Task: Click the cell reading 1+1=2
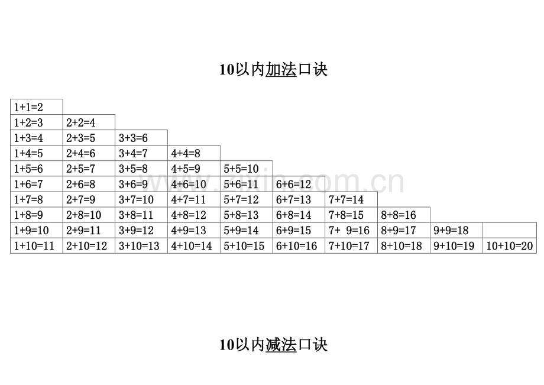pos(37,107)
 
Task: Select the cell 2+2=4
pos(89,122)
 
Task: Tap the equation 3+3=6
pos(141,138)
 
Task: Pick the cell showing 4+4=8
pos(194,153)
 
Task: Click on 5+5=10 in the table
pos(247,169)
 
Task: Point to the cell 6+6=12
pos(299,184)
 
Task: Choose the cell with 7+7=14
pos(351,199)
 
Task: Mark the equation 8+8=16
pos(404,215)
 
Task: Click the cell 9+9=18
pos(456,230)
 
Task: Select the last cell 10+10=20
pos(510,245)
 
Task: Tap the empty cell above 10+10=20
pos(510,230)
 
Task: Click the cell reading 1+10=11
pos(37,245)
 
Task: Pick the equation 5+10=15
pos(247,245)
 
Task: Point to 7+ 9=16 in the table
pos(351,230)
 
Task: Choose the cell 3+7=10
pos(141,199)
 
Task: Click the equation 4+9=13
pos(194,230)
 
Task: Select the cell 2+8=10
pos(89,215)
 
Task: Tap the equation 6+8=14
pos(299,215)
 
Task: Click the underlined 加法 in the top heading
pos(281,69)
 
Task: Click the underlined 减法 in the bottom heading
pos(281,345)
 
